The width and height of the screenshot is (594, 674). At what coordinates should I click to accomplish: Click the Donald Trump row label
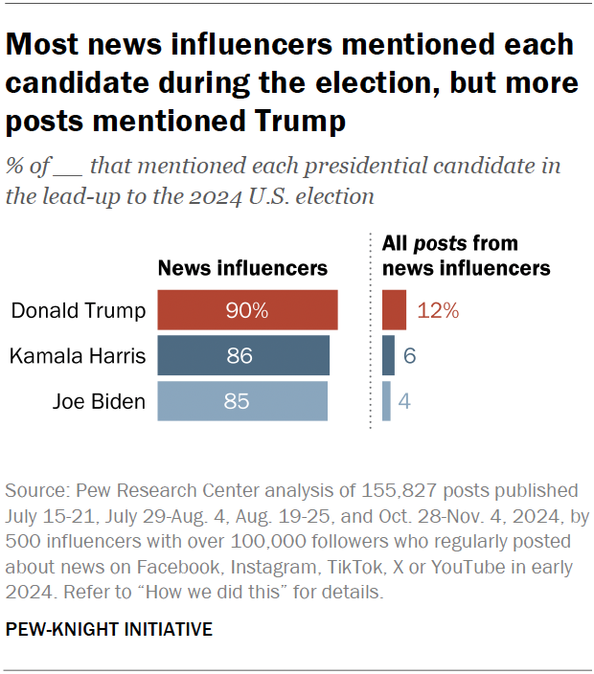(x=79, y=311)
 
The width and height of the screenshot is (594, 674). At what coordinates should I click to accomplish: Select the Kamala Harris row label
(x=78, y=356)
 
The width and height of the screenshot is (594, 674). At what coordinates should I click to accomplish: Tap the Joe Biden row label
(x=100, y=401)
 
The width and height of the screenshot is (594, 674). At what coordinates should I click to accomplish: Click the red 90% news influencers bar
(x=247, y=311)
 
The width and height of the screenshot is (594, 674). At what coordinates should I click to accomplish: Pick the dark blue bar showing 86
(x=243, y=356)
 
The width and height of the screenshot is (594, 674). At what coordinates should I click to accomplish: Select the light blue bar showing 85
(x=242, y=401)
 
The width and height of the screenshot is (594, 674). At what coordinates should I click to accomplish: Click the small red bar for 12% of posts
(x=394, y=311)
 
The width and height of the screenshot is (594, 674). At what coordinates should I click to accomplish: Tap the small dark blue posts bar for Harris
(x=388, y=356)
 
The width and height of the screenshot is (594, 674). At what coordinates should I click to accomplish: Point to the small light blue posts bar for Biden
(x=386, y=401)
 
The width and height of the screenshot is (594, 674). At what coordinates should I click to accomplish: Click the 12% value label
(x=439, y=311)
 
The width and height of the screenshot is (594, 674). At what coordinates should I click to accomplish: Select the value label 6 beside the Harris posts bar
(x=409, y=356)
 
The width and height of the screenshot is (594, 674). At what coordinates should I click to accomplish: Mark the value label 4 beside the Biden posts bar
(x=405, y=401)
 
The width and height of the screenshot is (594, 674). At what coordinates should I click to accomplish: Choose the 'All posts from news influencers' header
(x=466, y=256)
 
